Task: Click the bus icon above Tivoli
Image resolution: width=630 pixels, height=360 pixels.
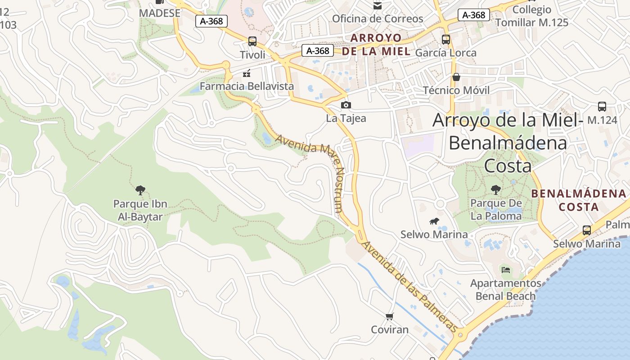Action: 252,41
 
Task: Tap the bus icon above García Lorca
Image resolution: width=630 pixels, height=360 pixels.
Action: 446,40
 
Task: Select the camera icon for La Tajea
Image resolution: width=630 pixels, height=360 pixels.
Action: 346,105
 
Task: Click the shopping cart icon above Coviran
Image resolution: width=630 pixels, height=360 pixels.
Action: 390,317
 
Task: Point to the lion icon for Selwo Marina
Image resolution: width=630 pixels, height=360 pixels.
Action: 434,221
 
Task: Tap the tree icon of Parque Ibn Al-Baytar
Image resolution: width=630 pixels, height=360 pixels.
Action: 140,190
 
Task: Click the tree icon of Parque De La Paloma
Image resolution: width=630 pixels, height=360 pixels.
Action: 496,190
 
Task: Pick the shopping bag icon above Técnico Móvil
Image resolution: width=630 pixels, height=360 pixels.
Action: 456,77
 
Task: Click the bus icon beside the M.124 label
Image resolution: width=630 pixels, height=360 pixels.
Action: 602,107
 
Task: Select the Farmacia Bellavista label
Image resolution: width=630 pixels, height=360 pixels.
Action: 247,86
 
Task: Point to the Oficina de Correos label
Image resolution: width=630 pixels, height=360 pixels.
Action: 378,19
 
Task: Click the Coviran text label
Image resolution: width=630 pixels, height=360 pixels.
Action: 390,329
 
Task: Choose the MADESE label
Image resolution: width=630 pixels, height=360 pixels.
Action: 160,13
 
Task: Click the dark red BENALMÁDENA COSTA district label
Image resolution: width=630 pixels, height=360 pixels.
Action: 579,200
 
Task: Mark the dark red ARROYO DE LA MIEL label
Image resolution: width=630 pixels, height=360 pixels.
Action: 376,44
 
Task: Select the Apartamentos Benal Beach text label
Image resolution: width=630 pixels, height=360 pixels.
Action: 506,290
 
